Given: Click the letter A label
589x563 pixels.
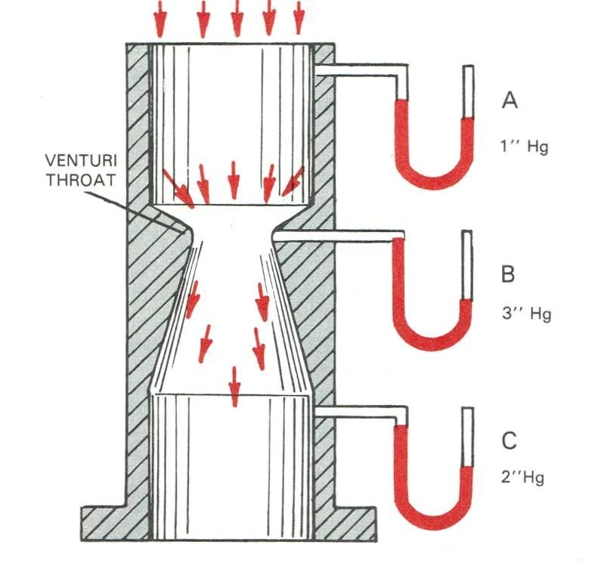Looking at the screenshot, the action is [510, 100].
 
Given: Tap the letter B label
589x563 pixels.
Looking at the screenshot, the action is [508, 274].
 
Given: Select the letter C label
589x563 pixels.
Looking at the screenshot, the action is [509, 441].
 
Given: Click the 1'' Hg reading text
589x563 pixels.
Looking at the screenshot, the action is [524, 146].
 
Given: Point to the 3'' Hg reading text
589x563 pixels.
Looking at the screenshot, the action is [526, 314].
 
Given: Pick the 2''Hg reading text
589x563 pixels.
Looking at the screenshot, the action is [522, 478].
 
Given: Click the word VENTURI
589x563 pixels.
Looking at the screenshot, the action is [81, 161].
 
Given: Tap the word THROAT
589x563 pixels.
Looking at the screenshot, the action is [80, 180].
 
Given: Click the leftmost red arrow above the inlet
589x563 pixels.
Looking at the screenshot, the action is [160, 19].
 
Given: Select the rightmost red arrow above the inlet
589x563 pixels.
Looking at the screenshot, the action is [299, 17].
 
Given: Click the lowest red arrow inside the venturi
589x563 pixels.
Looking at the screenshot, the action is [234, 387].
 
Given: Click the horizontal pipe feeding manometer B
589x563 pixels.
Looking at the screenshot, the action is [338, 236].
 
